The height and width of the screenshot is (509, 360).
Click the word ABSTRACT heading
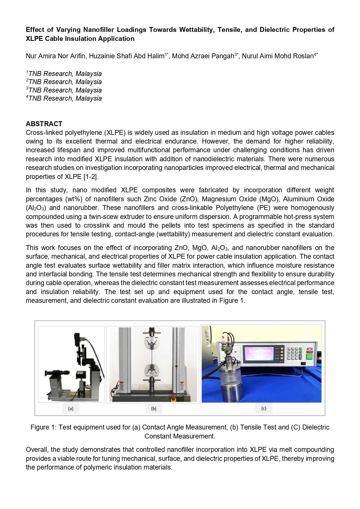[x=44, y=124]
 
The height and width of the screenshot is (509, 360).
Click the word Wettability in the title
[x=196, y=30]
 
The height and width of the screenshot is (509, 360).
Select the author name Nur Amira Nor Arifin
[x=55, y=56]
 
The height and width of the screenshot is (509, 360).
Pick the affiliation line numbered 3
[x=64, y=90]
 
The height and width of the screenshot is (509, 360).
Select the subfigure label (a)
[x=71, y=408]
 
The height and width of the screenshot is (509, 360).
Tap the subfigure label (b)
[x=154, y=408]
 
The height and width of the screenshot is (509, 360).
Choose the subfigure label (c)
[x=264, y=408]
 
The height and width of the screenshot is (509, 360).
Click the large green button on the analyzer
[x=310, y=357]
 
